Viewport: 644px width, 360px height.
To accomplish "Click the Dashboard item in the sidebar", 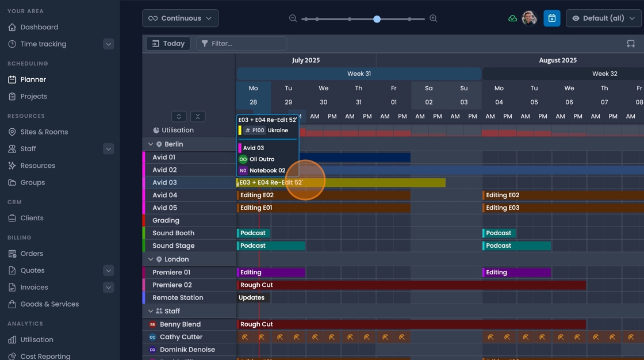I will (39, 27).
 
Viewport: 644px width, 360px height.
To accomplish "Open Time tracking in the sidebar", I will (43, 44).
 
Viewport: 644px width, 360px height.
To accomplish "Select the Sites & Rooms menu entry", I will (44, 132).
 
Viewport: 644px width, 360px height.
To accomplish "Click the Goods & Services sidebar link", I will (49, 304).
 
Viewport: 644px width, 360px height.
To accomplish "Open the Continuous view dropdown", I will (180, 18).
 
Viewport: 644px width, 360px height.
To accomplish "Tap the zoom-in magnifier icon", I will (434, 18).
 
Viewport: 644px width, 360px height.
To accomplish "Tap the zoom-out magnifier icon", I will (293, 18).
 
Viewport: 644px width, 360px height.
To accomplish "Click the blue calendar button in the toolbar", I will (551, 18).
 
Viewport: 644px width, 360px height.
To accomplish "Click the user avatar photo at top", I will (529, 18).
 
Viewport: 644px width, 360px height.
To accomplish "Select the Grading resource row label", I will (166, 221).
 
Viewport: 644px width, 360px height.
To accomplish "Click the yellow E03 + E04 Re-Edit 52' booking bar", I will (368, 183).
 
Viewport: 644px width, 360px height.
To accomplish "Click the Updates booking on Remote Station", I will (252, 298).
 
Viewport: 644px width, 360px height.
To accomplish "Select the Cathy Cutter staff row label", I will (181, 337).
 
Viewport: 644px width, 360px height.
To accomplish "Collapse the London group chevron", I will (151, 259).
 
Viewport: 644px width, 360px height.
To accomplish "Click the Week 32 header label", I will (604, 74).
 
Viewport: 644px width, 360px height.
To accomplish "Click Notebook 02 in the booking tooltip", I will (267, 171).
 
